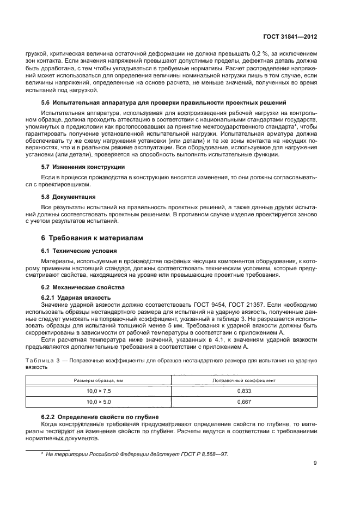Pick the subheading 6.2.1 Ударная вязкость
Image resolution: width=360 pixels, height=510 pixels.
(77, 297)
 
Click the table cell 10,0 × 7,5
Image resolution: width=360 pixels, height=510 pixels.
(99, 391)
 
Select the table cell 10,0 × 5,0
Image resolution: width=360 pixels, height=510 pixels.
(99, 402)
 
